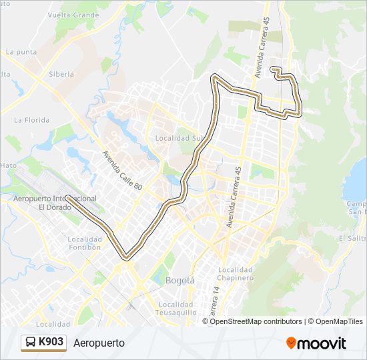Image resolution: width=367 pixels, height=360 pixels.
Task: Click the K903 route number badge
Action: (x=51, y=342)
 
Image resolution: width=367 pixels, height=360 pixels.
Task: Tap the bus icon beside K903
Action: (x=31, y=343)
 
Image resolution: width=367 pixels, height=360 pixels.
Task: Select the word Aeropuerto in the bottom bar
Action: (x=99, y=343)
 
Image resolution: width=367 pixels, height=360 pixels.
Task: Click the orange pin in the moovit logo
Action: (x=291, y=343)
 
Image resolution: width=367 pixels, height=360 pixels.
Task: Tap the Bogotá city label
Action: (x=179, y=281)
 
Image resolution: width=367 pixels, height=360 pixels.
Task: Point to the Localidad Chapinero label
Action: (x=234, y=273)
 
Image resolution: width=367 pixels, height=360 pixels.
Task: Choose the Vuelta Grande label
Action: (x=73, y=14)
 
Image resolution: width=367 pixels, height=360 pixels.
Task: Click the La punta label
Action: (x=21, y=51)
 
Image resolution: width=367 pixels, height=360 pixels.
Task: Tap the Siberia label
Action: (x=61, y=74)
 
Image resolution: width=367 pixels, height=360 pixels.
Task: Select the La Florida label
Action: (x=32, y=120)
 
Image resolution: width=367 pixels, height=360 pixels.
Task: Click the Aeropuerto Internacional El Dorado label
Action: (x=55, y=203)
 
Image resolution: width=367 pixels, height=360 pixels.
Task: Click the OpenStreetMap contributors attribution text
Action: (x=256, y=321)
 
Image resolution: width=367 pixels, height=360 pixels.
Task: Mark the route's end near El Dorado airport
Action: (x=68, y=197)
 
